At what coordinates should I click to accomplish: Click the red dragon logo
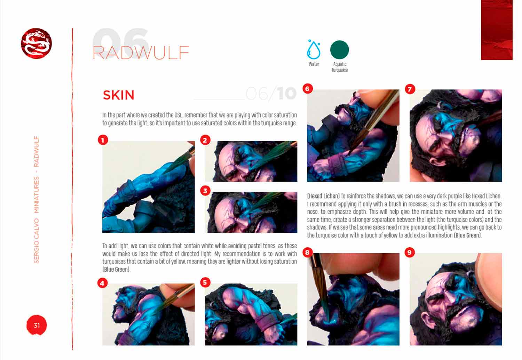click(36, 43)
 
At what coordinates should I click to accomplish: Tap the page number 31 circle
click(37, 325)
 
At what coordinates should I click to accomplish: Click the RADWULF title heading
click(141, 53)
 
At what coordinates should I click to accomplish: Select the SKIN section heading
click(118, 95)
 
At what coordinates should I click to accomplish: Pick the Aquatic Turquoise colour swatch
click(340, 50)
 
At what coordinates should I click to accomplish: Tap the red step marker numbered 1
click(103, 140)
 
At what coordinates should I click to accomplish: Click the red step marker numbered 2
click(205, 140)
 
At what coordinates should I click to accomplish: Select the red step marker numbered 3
click(205, 191)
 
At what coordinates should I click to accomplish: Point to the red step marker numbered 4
click(102, 283)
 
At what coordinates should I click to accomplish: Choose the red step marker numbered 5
click(205, 282)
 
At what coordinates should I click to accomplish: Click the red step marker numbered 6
click(307, 88)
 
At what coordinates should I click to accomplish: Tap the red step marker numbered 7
click(410, 89)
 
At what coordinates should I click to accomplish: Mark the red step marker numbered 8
click(307, 253)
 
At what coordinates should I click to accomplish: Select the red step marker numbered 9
click(410, 252)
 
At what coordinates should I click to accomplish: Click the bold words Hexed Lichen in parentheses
click(323, 196)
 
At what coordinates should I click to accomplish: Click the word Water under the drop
click(314, 64)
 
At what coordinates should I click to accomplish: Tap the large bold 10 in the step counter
click(286, 94)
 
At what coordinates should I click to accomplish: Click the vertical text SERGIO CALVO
click(37, 241)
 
